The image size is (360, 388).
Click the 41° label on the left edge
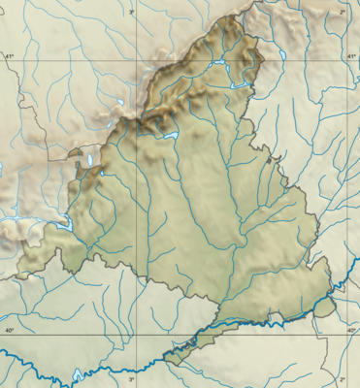point(10,56)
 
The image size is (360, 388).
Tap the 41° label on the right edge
point(351,56)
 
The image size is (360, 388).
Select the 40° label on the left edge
point(10,331)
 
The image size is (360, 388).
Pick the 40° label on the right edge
point(351,331)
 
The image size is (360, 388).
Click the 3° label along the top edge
point(134,10)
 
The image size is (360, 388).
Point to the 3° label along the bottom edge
point(134,379)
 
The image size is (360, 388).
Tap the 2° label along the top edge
point(342,10)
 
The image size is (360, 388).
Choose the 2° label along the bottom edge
point(342,379)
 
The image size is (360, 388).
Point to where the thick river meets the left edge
point(2,356)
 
